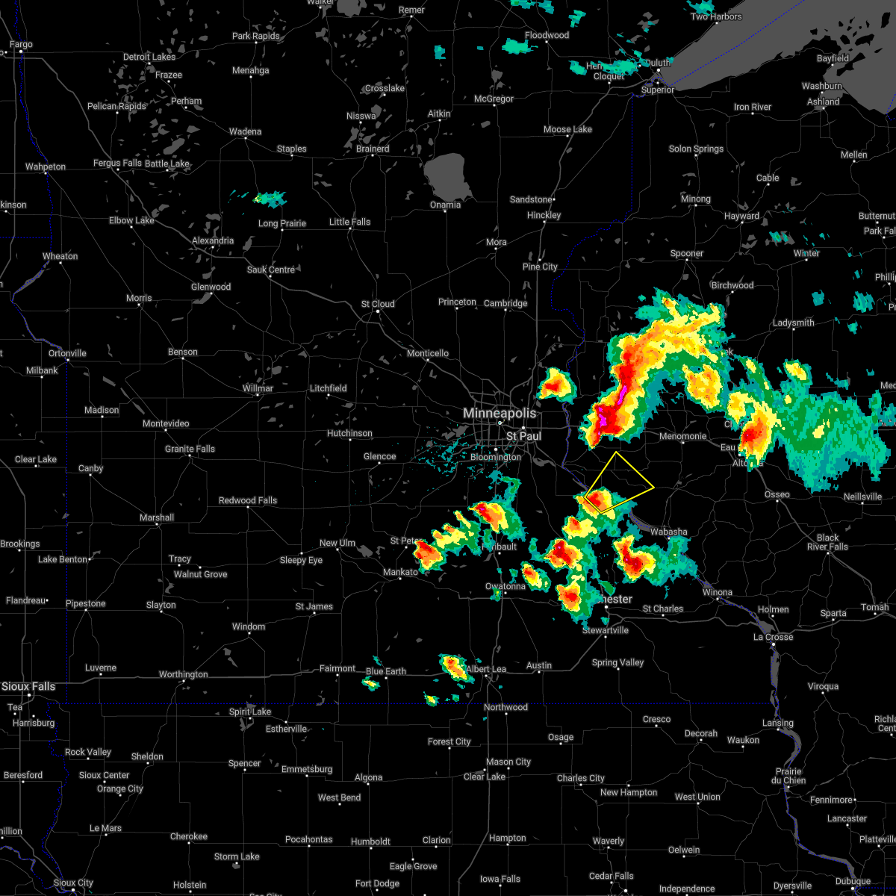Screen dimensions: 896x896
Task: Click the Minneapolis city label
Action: coord(500,413)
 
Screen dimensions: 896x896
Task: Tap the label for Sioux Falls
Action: coord(28,686)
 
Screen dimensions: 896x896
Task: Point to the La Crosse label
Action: coord(773,637)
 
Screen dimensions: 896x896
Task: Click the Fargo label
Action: coord(21,45)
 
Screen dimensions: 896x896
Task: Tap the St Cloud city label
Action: coord(378,304)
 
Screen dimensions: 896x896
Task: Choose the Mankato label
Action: coord(400,573)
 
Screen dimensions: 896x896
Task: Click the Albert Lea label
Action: coord(486,669)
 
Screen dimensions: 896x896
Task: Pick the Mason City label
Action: coord(508,762)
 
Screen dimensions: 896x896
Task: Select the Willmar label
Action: coord(258,388)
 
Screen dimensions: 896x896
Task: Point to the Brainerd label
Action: coord(373,149)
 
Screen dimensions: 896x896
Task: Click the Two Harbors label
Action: coord(716,16)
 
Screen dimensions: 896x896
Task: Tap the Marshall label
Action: coord(157,517)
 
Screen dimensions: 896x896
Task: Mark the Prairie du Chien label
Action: coord(789,776)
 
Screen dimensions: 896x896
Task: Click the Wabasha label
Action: coord(668,532)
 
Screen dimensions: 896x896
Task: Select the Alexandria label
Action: coord(213,241)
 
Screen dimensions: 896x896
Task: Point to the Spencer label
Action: coord(244,763)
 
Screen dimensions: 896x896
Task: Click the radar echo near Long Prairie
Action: coord(270,199)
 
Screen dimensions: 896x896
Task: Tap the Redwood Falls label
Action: coord(248,500)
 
